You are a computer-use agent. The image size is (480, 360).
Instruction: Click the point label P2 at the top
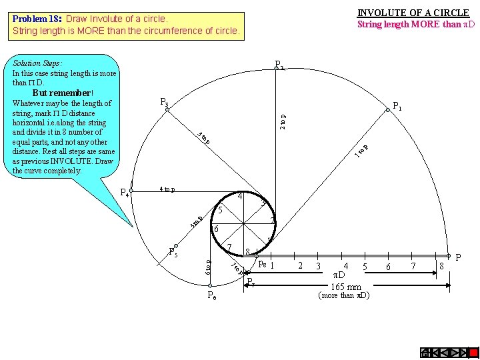(280, 65)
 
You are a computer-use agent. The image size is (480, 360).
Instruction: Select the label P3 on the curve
(164, 102)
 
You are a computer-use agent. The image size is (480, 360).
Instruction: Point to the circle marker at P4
(131, 190)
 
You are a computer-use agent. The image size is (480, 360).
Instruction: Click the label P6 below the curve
(211, 295)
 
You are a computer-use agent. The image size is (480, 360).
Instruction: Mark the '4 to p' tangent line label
(167, 189)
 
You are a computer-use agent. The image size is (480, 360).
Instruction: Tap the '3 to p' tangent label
(204, 138)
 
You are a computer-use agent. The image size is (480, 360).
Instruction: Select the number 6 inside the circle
(215, 229)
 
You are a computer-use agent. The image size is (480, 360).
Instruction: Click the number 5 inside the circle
(220, 211)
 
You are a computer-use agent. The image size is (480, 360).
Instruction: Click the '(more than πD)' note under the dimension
(344, 295)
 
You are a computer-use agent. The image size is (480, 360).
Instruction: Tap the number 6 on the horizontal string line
(389, 267)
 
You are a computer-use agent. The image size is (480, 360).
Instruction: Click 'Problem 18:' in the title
(37, 19)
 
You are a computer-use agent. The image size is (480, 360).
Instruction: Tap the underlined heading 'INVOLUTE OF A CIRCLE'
(413, 13)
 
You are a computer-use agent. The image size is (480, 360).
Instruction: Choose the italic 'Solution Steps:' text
(37, 63)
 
